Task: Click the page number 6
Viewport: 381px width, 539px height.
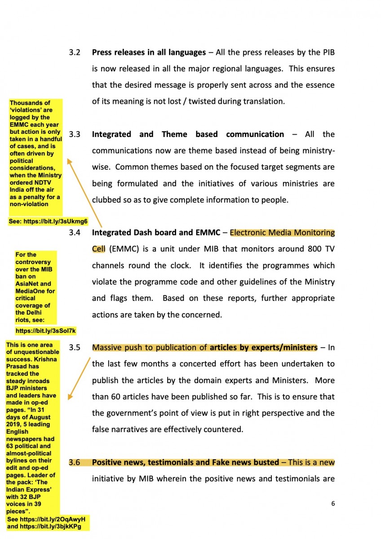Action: pos(333,504)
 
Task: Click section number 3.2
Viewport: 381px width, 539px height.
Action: pos(75,53)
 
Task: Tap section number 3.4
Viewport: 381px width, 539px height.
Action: pos(75,233)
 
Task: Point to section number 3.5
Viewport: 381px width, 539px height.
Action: pos(75,347)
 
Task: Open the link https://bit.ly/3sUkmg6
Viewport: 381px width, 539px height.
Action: pos(56,221)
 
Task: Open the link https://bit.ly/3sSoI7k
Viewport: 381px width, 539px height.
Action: pos(46,331)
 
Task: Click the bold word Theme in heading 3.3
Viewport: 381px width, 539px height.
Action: pos(174,134)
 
